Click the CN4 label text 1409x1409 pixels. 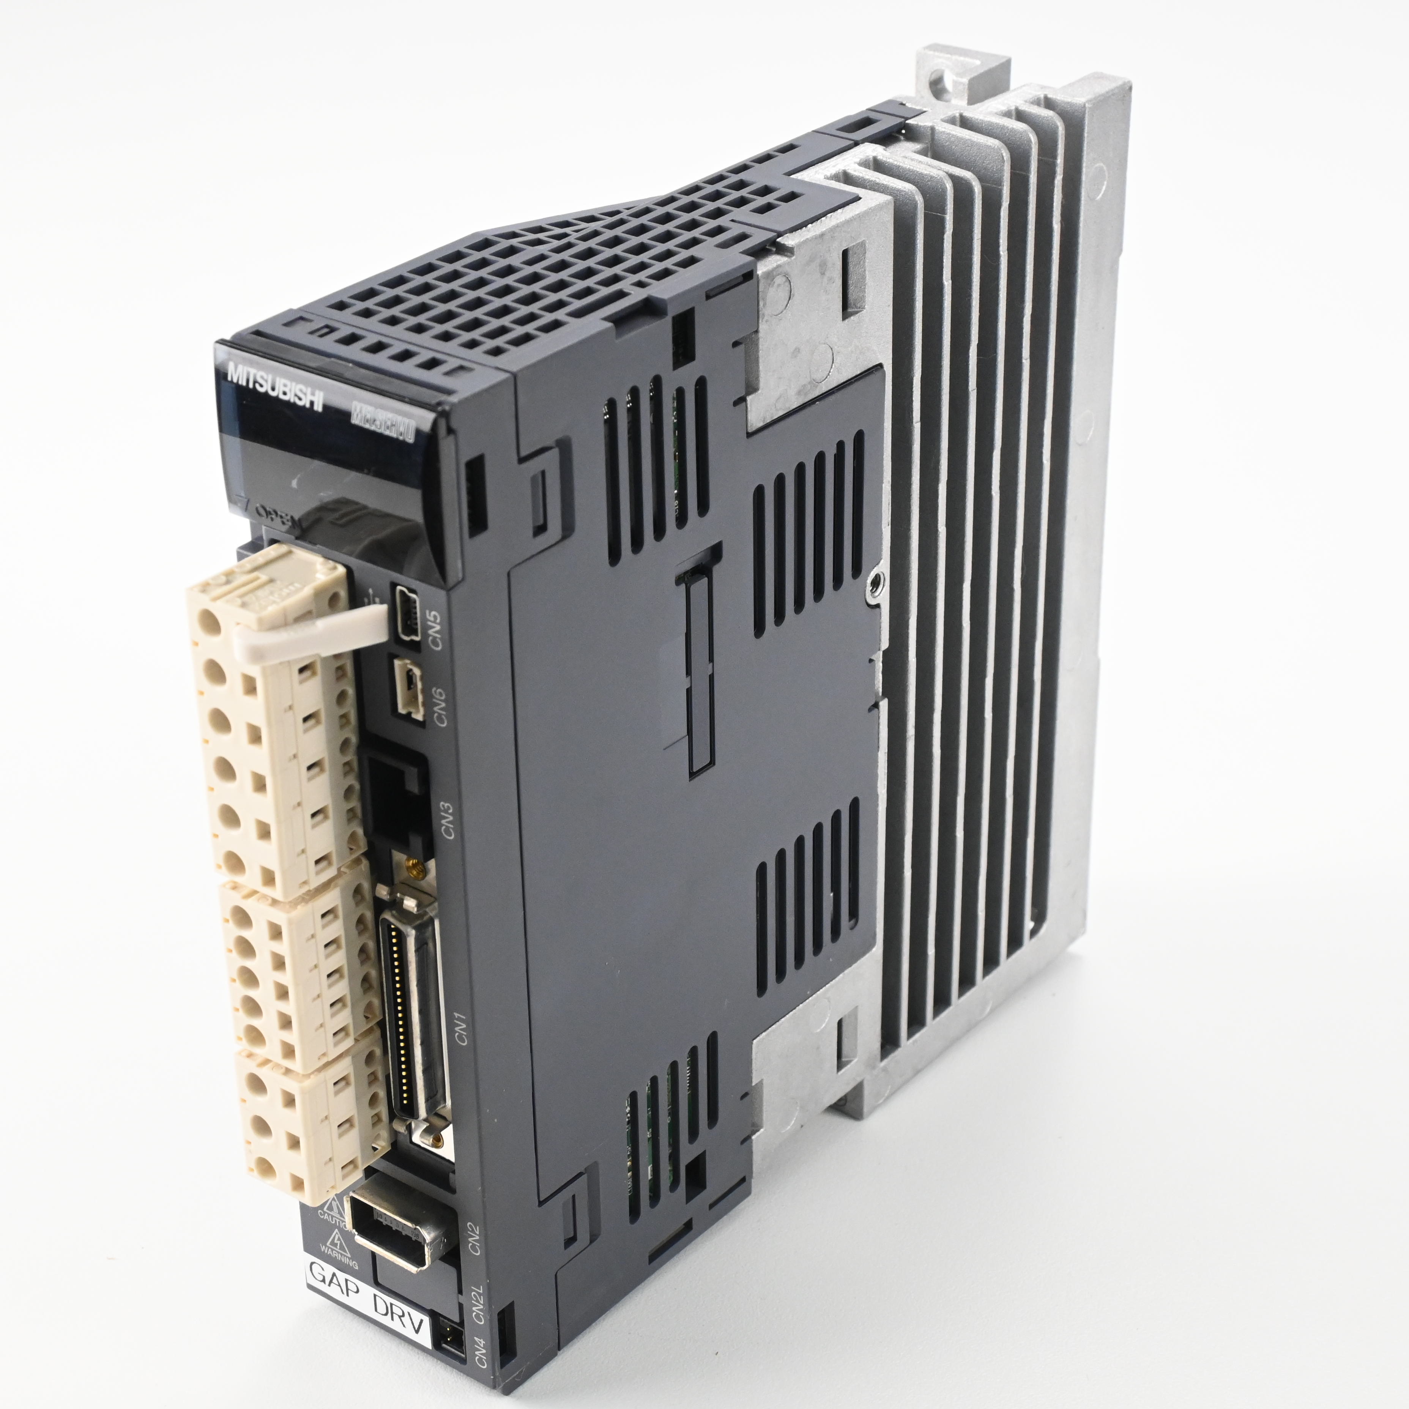480,1351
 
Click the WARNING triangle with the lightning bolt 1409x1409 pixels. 337,1241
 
